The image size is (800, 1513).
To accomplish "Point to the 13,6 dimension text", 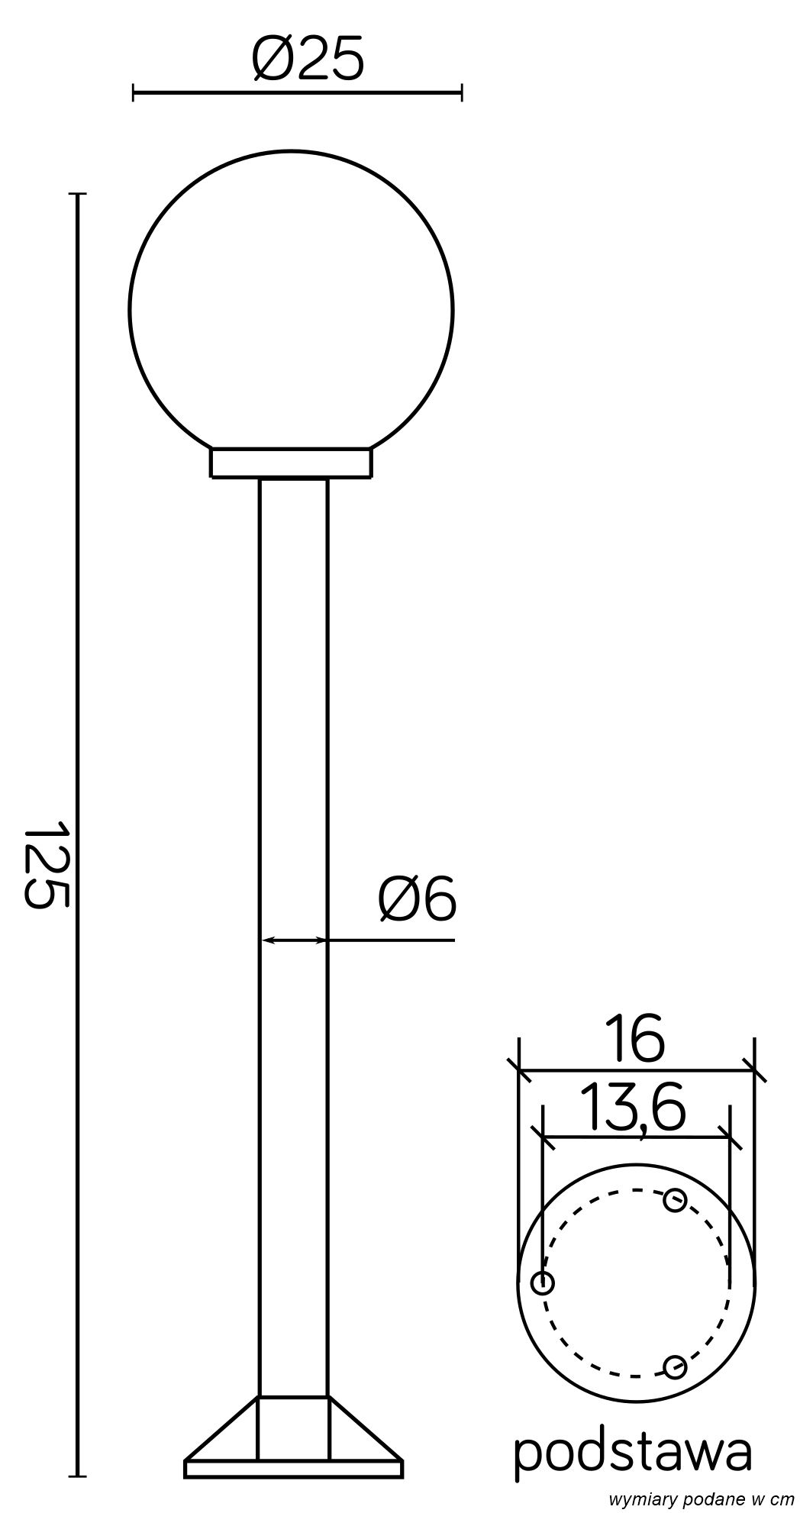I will click(631, 1108).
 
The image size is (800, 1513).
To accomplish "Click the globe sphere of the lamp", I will click(292, 305).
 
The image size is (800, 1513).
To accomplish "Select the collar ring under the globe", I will click(292, 464).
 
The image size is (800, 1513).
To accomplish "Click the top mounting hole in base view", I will click(674, 1201).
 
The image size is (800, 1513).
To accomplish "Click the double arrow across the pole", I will click(293, 940).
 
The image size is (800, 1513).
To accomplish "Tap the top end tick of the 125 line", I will click(77, 194).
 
